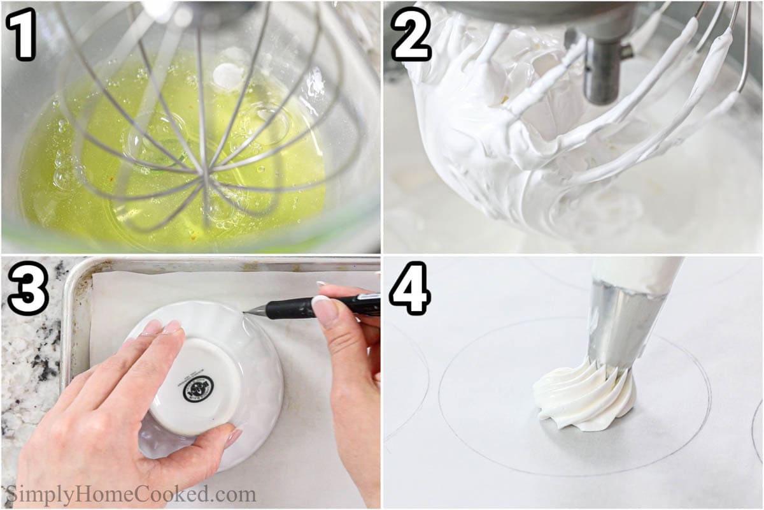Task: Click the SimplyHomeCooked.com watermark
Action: [131, 495]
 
